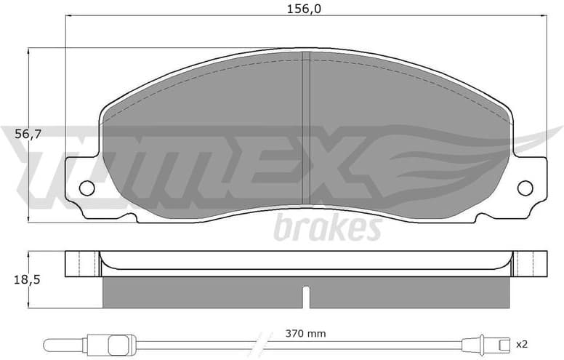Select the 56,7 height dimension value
16,135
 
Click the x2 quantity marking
521,343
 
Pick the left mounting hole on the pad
86,188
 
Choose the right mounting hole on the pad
525,188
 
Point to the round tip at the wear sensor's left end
50,343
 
